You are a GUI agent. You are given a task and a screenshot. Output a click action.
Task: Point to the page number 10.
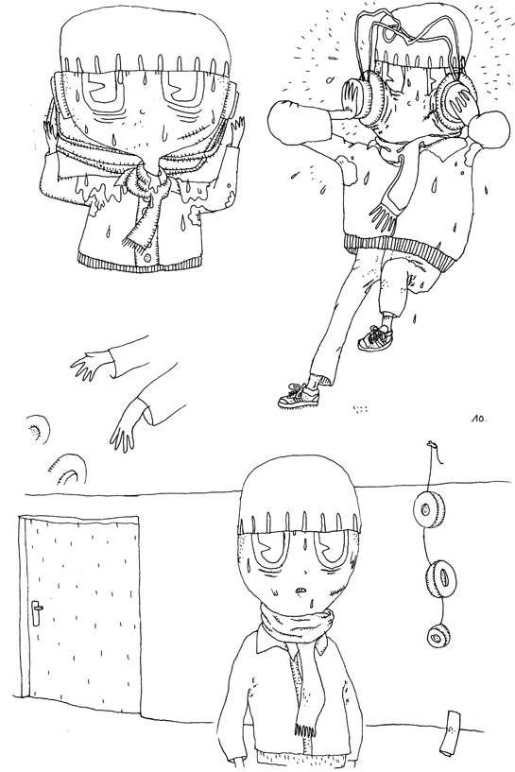478,419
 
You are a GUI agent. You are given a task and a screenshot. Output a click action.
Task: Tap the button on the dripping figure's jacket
147,257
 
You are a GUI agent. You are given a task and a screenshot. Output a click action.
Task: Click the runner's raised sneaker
376,337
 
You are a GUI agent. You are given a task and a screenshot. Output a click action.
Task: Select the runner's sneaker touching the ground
299,395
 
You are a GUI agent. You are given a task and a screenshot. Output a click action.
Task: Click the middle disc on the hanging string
439,577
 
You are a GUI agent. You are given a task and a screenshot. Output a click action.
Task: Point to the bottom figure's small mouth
300,590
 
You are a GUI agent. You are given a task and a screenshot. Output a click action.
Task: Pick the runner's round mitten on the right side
489,129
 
